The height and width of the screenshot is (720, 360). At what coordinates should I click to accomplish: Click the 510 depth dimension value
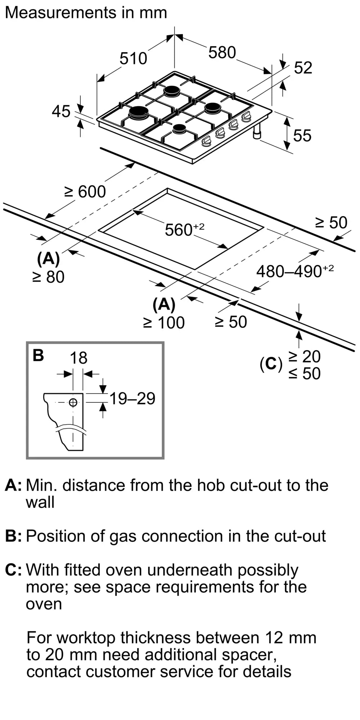coord(133,58)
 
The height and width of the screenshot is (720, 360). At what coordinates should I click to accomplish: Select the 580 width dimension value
coord(222,53)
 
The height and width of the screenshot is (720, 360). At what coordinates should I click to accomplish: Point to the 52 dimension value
coord(303,68)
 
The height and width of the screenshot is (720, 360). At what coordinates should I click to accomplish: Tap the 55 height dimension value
coord(302,136)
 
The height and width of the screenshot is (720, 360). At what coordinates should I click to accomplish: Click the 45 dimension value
coord(61,112)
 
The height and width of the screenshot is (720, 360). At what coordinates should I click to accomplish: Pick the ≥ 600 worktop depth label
coord(85,192)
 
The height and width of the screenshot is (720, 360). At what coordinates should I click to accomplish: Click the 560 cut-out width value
coord(179,230)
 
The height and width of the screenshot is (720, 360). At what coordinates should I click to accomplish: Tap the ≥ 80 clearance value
coord(48,277)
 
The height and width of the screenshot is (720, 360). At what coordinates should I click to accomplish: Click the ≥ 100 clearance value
coord(164,323)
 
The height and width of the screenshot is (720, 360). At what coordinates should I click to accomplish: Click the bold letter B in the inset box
coord(38,355)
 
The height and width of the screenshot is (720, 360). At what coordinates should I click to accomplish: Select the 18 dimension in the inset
coord(78,358)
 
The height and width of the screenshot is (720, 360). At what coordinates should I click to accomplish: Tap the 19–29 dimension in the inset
coord(132,399)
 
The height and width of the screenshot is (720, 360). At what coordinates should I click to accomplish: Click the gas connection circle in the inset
coord(73,402)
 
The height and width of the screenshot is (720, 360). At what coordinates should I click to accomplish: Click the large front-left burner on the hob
coord(139,113)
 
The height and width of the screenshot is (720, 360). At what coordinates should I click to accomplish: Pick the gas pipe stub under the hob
coord(257,133)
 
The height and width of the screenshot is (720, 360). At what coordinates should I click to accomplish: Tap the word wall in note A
coord(40,502)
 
